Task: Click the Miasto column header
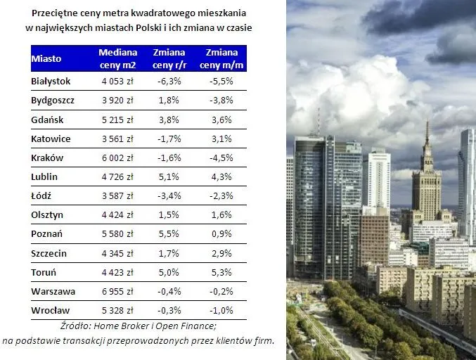pyautogui.click(x=46, y=59)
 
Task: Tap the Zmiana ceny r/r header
pyautogui.click(x=169, y=59)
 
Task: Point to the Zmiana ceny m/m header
pyautogui.click(x=221, y=59)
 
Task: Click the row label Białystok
pyautogui.click(x=51, y=82)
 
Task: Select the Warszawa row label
pyautogui.click(x=53, y=291)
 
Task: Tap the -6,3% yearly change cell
pyautogui.click(x=169, y=82)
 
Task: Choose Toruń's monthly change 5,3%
pyautogui.click(x=221, y=272)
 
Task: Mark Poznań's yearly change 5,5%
pyautogui.click(x=169, y=234)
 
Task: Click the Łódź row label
pyautogui.click(x=41, y=195)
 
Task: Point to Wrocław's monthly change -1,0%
pyautogui.click(x=221, y=310)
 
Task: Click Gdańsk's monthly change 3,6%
pyautogui.click(x=221, y=120)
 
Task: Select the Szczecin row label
pyautogui.click(x=49, y=253)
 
